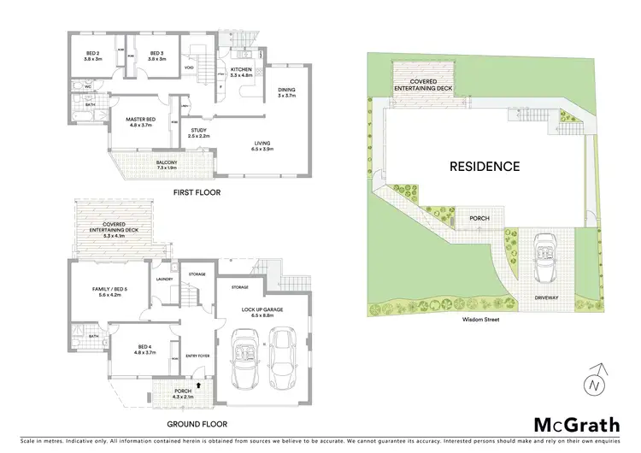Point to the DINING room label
coord(286,91)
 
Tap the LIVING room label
coord(262,144)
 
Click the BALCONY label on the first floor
coord(168,163)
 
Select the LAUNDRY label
coord(165,279)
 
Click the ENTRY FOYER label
coord(197,357)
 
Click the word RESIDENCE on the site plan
coord(485,167)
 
